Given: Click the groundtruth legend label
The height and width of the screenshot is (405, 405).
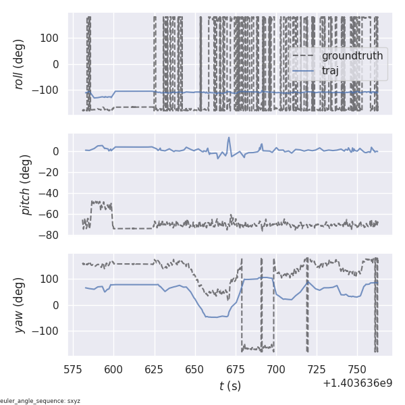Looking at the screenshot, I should coord(352,55).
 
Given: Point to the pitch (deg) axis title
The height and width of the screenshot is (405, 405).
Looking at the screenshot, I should coord(27,184).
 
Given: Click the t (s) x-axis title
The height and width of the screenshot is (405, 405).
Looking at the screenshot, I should coord(230,385).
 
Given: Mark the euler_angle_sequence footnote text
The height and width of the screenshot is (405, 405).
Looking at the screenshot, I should coord(40,401).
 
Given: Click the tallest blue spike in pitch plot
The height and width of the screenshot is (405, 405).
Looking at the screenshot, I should coord(229,138).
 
